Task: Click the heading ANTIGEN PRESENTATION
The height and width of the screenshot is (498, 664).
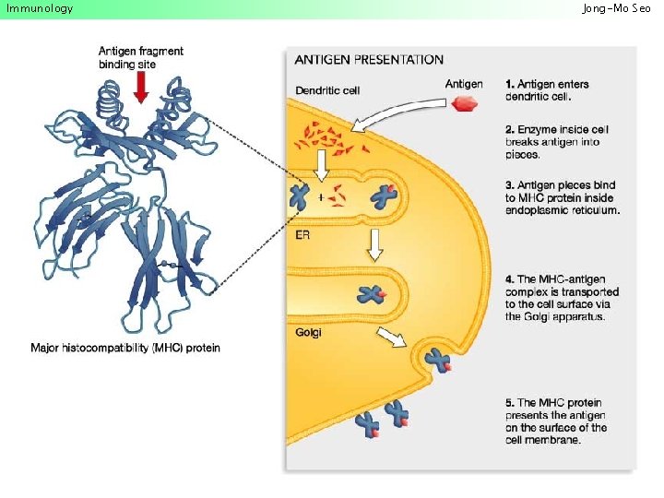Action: [369, 60]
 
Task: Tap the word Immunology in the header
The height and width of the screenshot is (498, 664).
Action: [40, 8]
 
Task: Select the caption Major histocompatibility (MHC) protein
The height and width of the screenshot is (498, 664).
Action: [125, 348]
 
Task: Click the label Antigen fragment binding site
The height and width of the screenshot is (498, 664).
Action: [141, 57]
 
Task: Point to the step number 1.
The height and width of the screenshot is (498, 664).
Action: [510, 85]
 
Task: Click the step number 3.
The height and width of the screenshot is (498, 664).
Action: [510, 185]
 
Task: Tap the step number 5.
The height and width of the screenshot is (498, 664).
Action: [510, 403]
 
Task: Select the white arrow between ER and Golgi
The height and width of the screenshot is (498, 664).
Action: [375, 243]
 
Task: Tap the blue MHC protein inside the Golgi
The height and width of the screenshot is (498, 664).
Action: [371, 295]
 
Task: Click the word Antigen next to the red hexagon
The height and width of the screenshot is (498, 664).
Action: [465, 85]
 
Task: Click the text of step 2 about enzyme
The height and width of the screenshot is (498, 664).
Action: [557, 142]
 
